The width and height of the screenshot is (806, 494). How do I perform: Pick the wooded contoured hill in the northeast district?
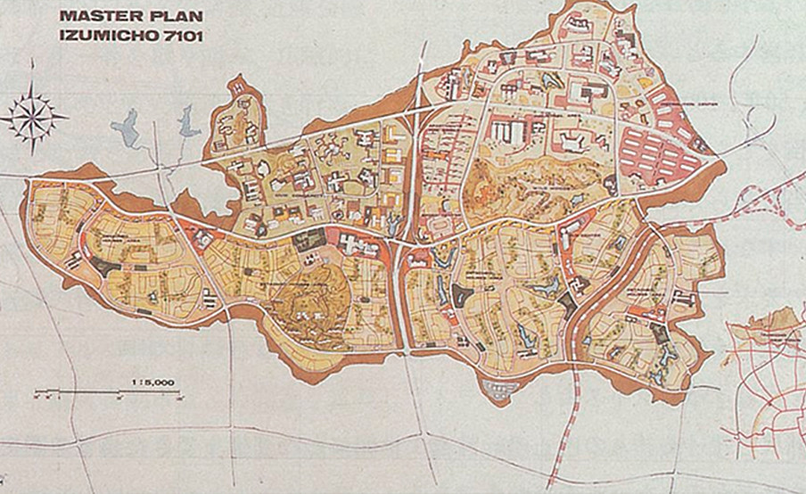[499, 183]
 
